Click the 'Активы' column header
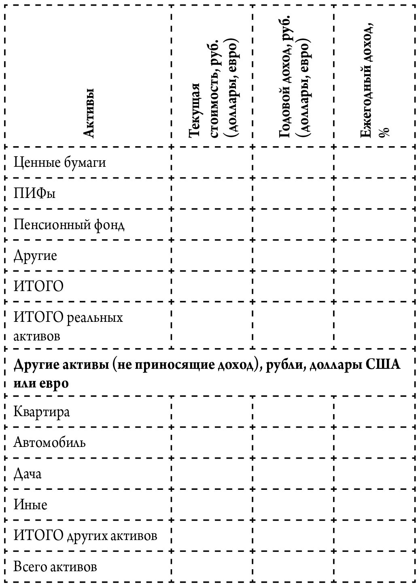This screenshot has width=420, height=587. pyautogui.click(x=88, y=113)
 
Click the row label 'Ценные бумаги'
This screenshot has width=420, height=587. pyautogui.click(x=60, y=162)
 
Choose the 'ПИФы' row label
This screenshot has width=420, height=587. pyautogui.click(x=35, y=193)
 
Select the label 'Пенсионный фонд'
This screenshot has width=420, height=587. pyautogui.click(x=69, y=224)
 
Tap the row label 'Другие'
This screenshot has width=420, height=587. pyautogui.click(x=36, y=255)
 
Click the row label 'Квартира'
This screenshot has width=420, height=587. pyautogui.click(x=42, y=412)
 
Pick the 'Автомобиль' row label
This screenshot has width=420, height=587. pyautogui.click(x=50, y=442)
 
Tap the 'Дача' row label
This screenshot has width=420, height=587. pyautogui.click(x=28, y=474)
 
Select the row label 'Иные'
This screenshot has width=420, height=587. pyautogui.click(x=31, y=505)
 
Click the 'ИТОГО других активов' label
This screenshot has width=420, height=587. pyautogui.click(x=85, y=536)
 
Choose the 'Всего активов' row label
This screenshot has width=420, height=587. pyautogui.click(x=55, y=566)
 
